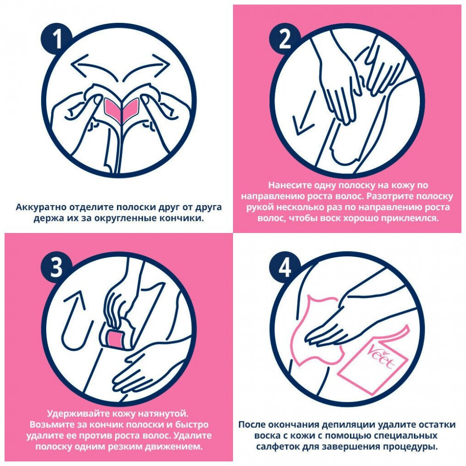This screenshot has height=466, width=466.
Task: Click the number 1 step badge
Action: [x=56, y=39]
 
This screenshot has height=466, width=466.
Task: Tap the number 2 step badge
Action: [x=285, y=39]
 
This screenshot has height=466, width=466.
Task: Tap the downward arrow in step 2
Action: [x=304, y=113]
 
